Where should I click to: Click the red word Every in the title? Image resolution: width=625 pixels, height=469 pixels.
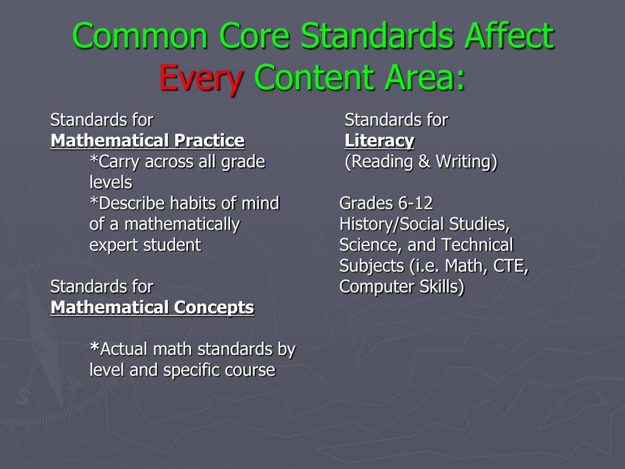click(201, 78)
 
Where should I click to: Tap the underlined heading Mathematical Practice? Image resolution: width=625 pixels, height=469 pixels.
click(147, 141)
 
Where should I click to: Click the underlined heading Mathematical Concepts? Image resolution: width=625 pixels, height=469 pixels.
click(152, 308)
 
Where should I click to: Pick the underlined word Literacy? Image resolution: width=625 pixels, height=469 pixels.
click(379, 141)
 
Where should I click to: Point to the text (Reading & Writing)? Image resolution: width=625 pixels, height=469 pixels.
click(421, 162)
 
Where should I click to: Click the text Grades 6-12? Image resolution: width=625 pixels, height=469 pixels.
click(386, 203)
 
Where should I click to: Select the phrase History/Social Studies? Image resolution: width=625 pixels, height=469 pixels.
click(424, 224)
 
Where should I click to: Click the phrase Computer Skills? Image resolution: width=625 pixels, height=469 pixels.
click(402, 286)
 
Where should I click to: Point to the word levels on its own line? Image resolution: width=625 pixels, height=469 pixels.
click(110, 183)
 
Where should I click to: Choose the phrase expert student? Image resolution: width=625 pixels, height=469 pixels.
click(145, 245)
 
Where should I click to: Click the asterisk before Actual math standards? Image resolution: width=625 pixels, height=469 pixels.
click(94, 348)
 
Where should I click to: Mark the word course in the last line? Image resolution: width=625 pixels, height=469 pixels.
click(249, 370)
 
